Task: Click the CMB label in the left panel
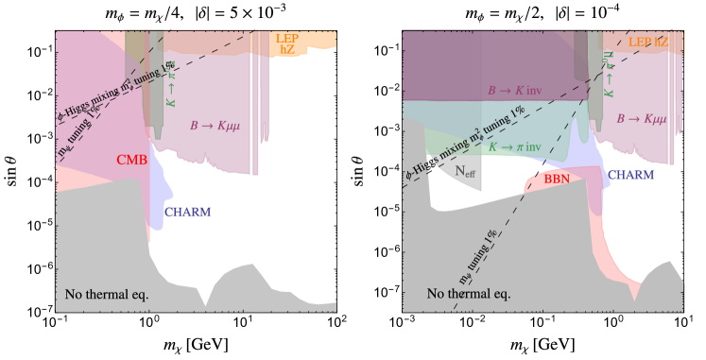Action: (x=131, y=161)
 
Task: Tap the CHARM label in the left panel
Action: (x=187, y=212)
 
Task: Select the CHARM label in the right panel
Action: (x=630, y=175)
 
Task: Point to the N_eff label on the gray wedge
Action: (x=464, y=171)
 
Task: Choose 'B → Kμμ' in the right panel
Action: (x=640, y=119)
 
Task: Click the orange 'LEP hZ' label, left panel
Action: (x=286, y=43)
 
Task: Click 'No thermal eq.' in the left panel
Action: (x=107, y=295)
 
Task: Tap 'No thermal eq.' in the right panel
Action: (x=469, y=294)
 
